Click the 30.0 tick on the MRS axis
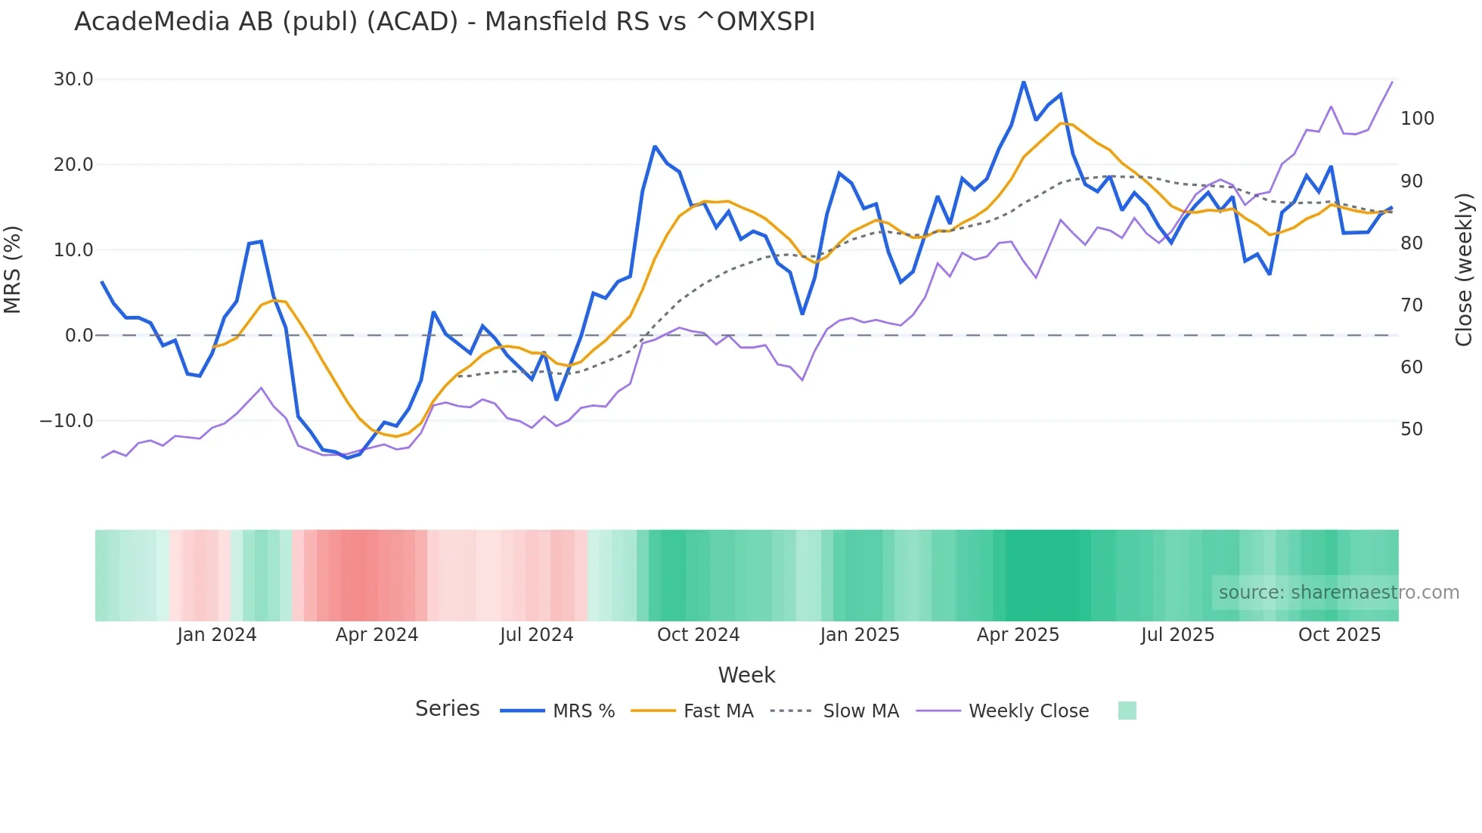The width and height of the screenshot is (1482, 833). pos(73,79)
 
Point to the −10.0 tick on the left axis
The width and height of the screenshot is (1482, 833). pos(67,421)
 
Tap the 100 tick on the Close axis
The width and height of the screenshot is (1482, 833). pos(1417,119)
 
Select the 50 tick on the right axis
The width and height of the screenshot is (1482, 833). pos(1411,429)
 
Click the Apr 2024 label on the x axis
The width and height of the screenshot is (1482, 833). pos(377,635)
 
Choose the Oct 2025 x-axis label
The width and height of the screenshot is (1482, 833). pos(1339,635)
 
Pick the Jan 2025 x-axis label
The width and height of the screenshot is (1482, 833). pos(860,635)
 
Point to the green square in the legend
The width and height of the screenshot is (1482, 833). pos(1127,711)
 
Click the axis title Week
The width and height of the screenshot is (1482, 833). pos(746,675)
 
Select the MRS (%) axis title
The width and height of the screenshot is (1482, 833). pos(13,269)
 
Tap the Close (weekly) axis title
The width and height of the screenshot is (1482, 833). pos(1465,269)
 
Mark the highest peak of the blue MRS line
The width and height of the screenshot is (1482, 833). pos(1024,82)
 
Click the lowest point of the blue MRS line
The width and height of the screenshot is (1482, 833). pos(348,458)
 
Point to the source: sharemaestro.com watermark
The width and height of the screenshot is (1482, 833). pos(1338,593)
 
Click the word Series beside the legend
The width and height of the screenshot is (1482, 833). pos(447,709)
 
